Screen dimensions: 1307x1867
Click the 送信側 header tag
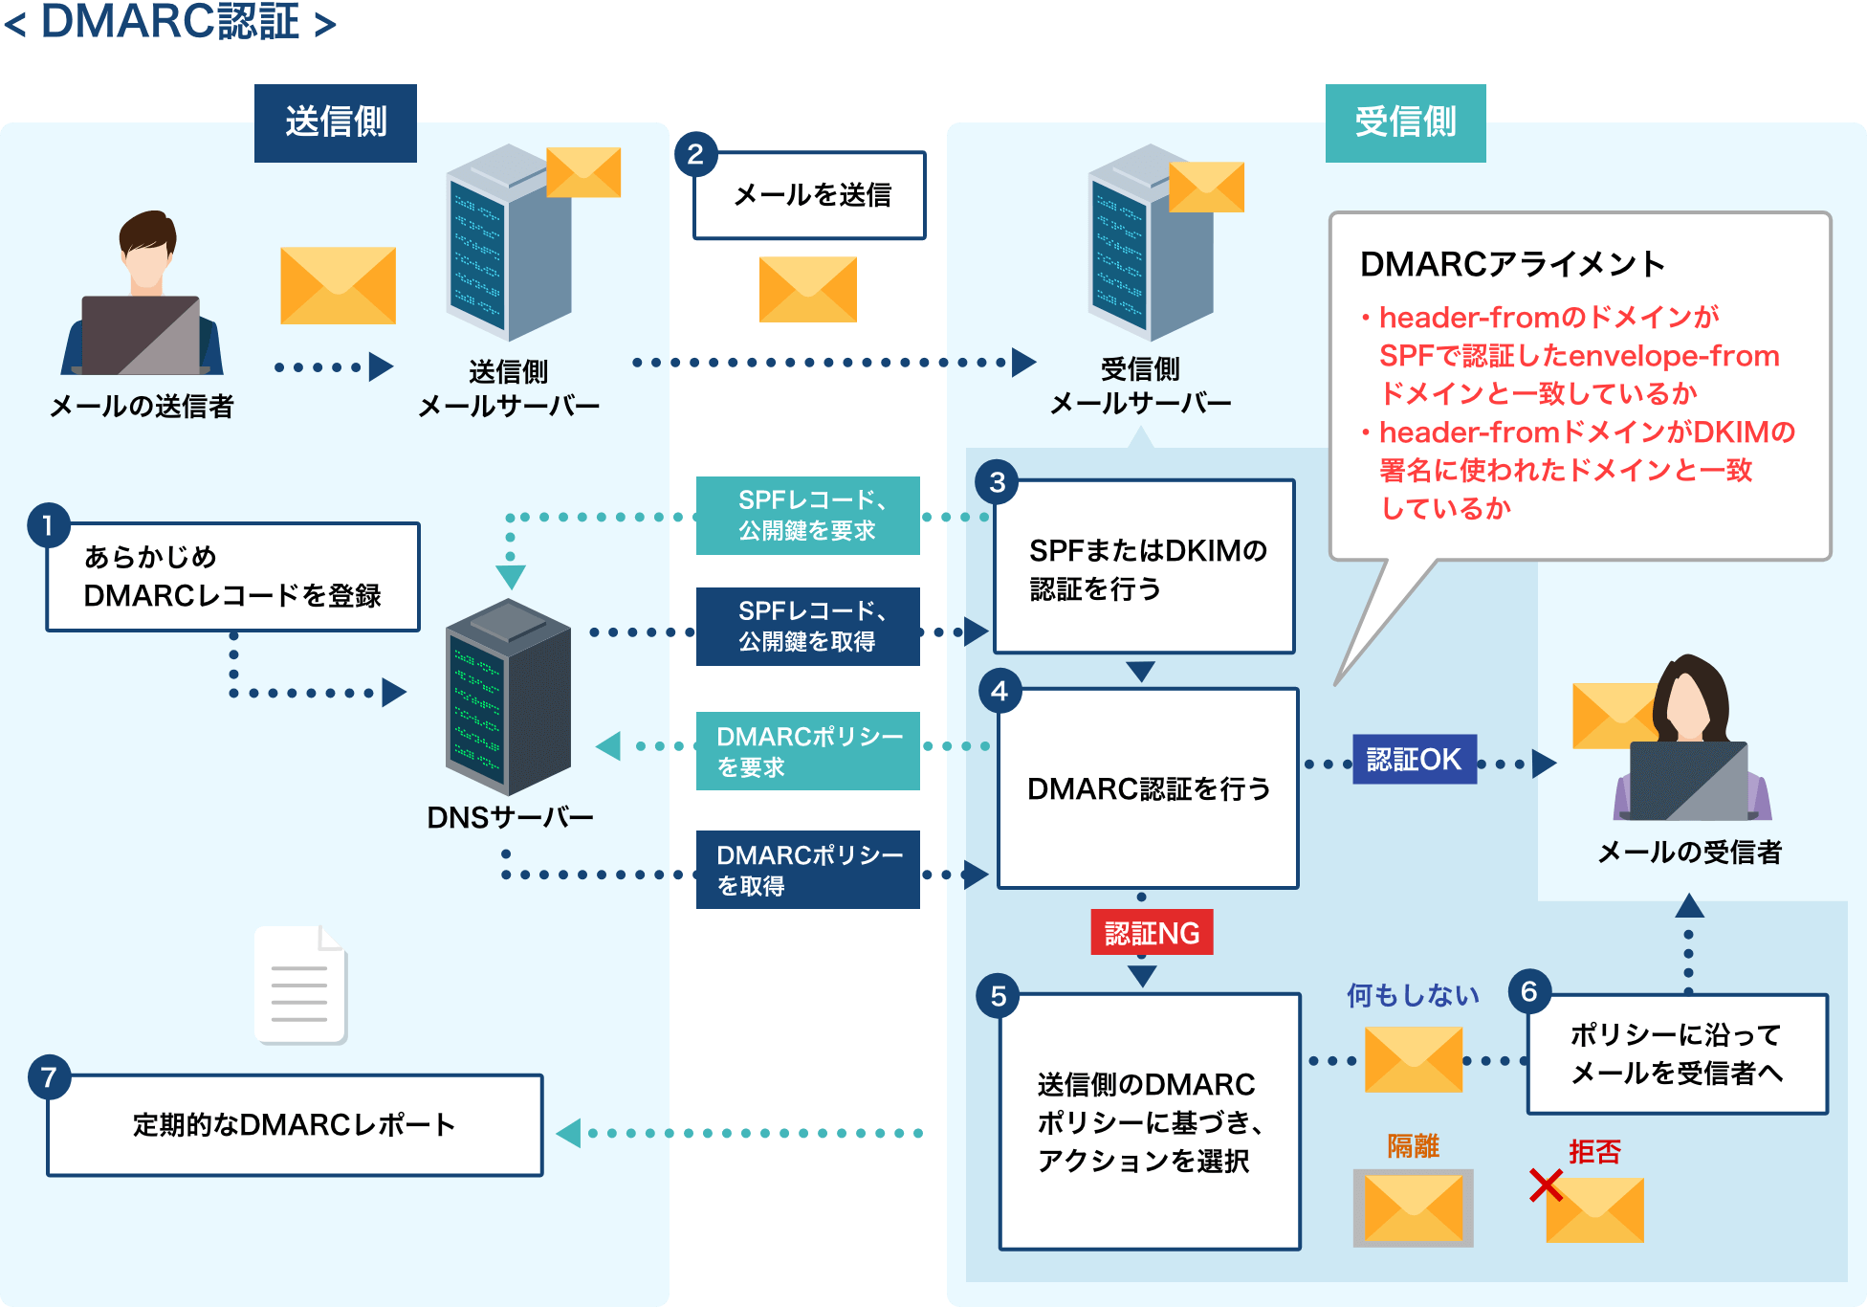tap(335, 122)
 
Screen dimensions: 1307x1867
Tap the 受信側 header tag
tap(1405, 122)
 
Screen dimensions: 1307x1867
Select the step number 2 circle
tap(695, 154)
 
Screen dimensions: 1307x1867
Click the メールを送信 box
tap(810, 195)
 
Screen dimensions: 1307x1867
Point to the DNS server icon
tap(508, 697)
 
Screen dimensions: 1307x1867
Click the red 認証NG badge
tap(1152, 932)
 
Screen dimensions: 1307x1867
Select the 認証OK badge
tap(1414, 760)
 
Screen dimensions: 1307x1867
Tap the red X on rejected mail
tap(1545, 1185)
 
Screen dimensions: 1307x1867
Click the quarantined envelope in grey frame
tap(1413, 1207)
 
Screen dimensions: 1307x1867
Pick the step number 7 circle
tap(48, 1078)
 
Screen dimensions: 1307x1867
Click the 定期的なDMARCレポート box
tap(295, 1125)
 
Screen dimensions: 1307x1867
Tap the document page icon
tap(300, 985)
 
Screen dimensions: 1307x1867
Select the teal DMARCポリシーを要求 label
tap(808, 751)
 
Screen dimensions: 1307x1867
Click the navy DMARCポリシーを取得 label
tap(808, 870)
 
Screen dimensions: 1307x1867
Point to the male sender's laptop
tap(141, 335)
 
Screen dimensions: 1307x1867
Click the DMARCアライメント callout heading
tap(1511, 264)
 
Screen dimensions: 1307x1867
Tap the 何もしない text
tap(1412, 996)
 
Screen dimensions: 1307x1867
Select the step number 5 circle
tap(998, 996)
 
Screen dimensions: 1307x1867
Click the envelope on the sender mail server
tap(583, 172)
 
